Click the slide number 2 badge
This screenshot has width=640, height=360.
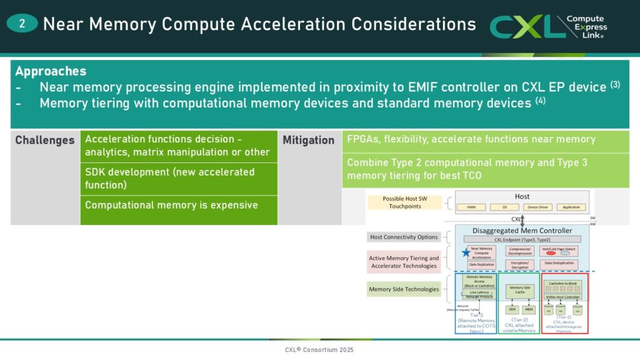22,24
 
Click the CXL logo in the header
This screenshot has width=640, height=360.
549,26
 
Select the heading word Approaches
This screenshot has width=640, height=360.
51,71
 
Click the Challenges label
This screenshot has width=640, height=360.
45,140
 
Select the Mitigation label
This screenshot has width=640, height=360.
309,140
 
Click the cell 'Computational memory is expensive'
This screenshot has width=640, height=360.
172,204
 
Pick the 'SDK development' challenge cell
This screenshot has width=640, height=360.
170,179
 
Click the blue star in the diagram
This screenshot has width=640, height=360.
465,252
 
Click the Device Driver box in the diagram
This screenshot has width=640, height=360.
538,207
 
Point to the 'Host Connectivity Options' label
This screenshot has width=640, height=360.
403,237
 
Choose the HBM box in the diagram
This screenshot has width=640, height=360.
529,309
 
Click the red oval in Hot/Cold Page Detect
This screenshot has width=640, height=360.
551,253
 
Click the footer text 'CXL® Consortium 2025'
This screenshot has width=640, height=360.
319,349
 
